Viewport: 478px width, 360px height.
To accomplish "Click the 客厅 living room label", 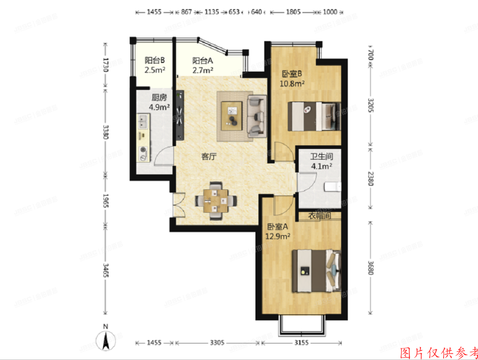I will [x=209, y=156].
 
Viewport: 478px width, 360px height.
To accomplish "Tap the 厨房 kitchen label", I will [x=159, y=97].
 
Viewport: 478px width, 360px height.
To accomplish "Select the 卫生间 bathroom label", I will [x=321, y=157].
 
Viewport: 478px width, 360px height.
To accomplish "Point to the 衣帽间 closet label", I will [x=319, y=216].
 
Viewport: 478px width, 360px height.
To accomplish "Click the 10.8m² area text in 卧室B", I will [x=292, y=84].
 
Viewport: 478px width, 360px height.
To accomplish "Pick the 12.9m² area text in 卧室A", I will [x=278, y=236].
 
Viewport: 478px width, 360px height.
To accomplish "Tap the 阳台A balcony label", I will [x=203, y=61].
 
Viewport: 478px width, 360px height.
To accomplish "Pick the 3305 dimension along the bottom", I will [x=217, y=343].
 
